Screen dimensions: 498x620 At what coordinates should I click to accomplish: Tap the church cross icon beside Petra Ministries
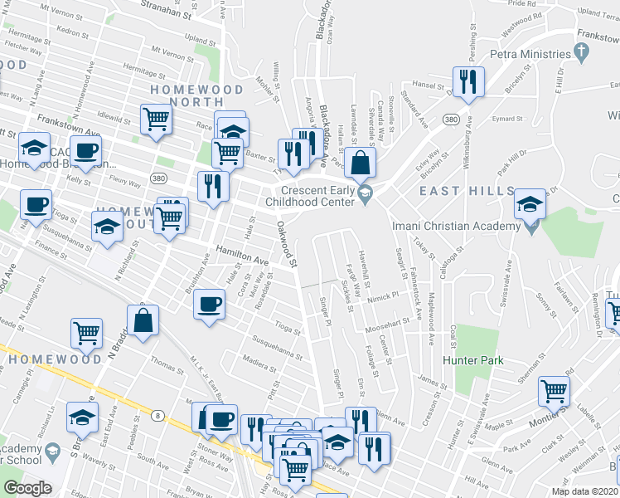[582, 53]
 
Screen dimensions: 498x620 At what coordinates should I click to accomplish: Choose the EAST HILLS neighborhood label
[466, 191]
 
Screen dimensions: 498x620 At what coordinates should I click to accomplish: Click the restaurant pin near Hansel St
[467, 81]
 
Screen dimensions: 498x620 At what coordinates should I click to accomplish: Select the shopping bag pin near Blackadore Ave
[361, 162]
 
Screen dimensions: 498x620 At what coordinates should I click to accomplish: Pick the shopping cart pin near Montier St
[554, 389]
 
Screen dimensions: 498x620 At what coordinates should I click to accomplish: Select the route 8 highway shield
[157, 413]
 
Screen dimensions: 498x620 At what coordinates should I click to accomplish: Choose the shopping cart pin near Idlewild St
[155, 119]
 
